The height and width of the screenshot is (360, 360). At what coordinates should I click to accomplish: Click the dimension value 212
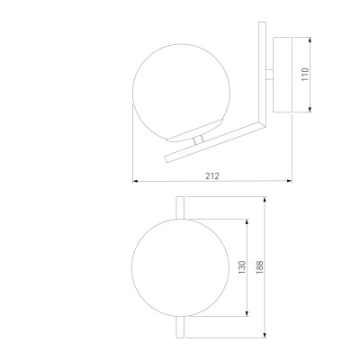[x=212, y=175]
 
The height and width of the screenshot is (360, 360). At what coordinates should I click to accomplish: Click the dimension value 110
[x=305, y=75]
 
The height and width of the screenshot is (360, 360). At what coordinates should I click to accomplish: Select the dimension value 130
[x=242, y=267]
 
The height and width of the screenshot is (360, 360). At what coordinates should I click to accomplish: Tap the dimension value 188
[x=260, y=267]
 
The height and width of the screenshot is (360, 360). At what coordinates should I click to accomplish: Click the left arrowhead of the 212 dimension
[x=135, y=181]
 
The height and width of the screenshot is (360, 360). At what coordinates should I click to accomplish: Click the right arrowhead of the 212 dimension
[x=290, y=181]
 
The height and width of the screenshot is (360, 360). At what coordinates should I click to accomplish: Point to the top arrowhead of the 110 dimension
[x=310, y=40]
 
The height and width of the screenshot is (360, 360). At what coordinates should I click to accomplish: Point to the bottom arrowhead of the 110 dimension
[x=310, y=110]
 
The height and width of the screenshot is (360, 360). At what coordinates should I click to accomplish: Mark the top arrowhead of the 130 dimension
[x=247, y=221]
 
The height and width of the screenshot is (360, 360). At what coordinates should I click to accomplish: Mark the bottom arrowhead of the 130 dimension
[x=247, y=313]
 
